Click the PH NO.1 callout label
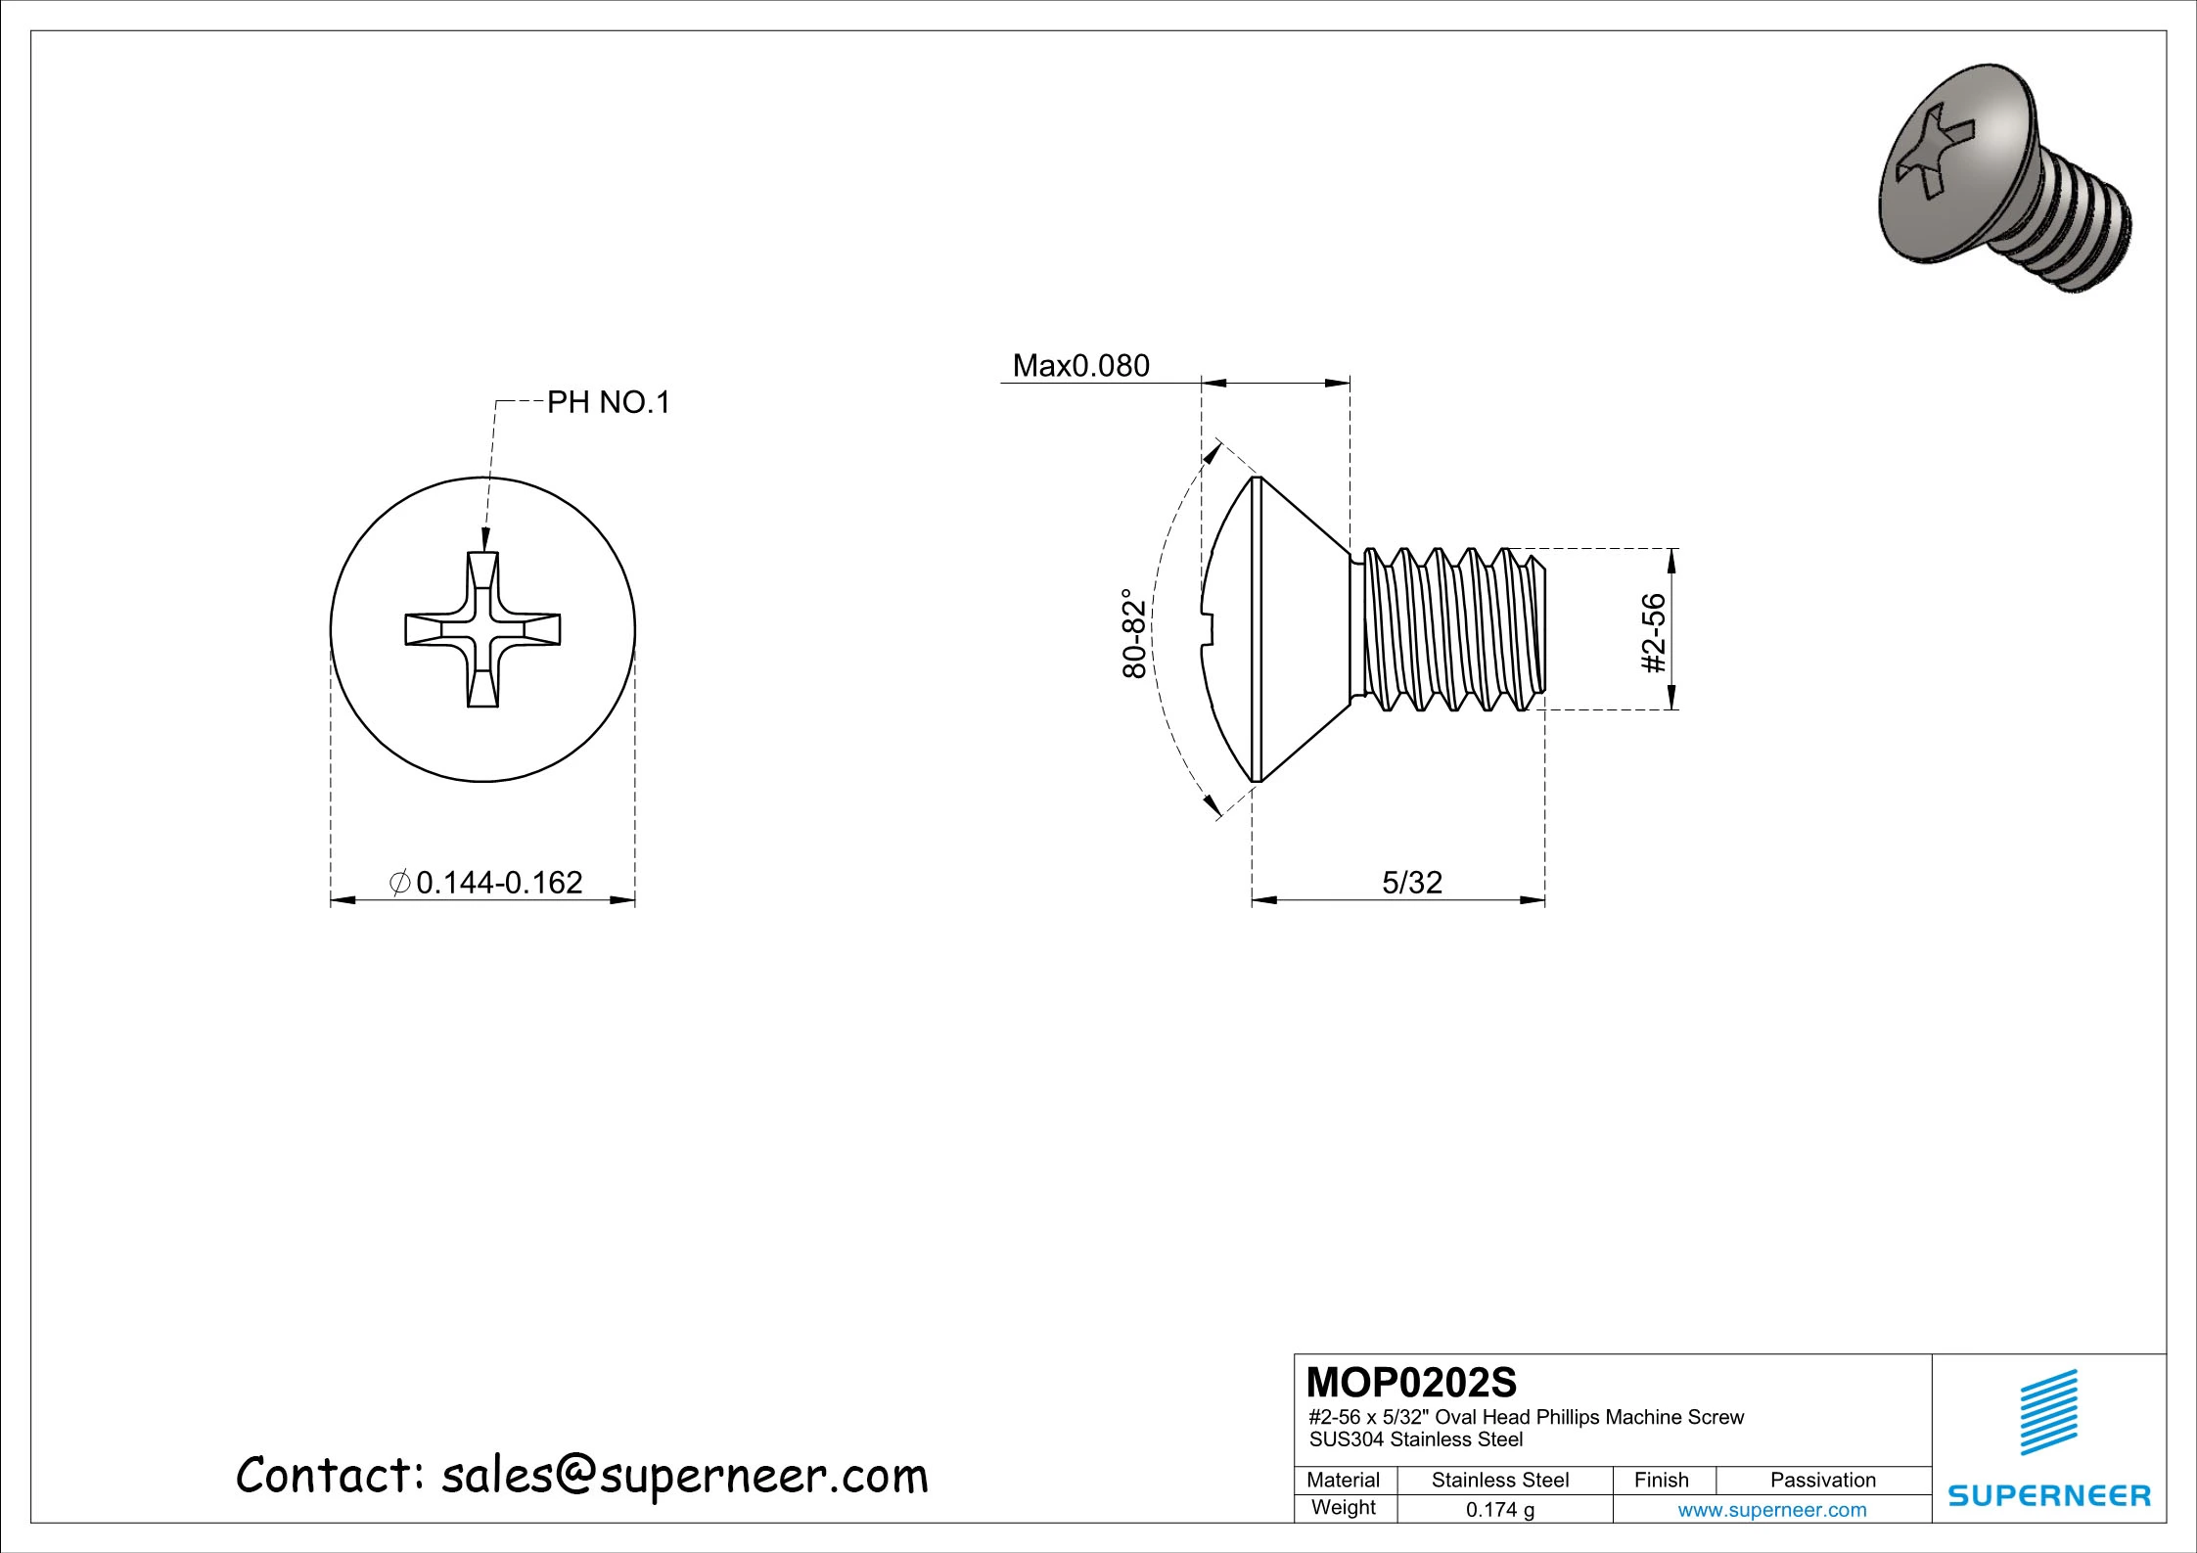[x=608, y=402]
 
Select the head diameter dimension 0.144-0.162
[x=498, y=883]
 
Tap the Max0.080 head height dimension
[x=1080, y=366]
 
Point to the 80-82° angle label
[x=1133, y=633]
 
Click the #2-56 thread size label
[x=1653, y=633]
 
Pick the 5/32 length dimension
[x=1411, y=883]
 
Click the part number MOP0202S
[x=1411, y=1383]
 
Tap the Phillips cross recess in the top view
[x=483, y=629]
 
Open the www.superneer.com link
[x=1771, y=1510]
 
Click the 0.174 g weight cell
[x=1499, y=1510]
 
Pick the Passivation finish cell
[x=1822, y=1480]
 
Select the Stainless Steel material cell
[x=1499, y=1480]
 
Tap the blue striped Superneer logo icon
[x=2048, y=1411]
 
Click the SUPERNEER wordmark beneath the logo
[x=2048, y=1495]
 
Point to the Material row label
[x=1343, y=1480]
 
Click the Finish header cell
[x=1661, y=1480]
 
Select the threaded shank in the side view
[x=1448, y=629]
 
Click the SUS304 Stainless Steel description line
[x=1415, y=1439]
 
